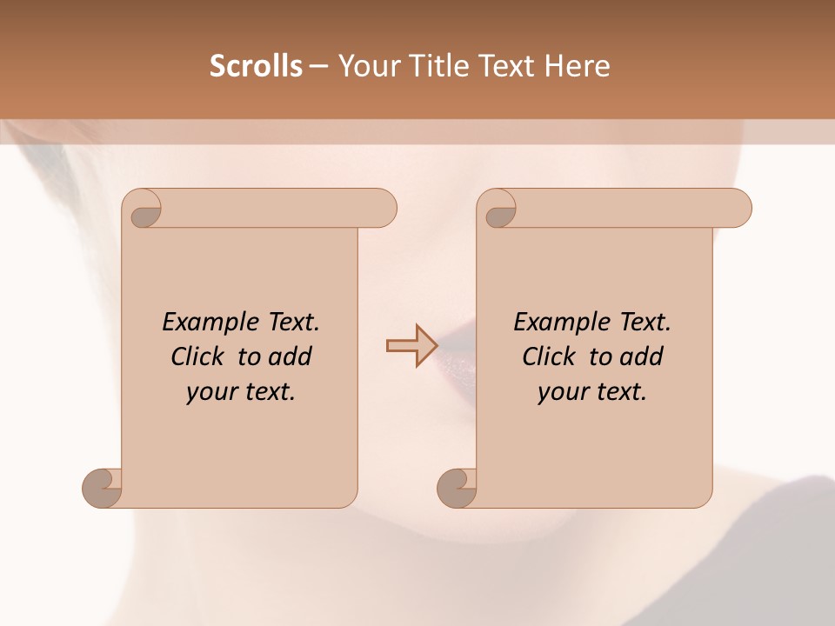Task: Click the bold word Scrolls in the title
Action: pyautogui.click(x=256, y=66)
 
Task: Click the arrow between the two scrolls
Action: pyautogui.click(x=411, y=345)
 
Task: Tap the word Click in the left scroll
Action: pyautogui.click(x=200, y=356)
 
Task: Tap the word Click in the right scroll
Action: pyautogui.click(x=551, y=356)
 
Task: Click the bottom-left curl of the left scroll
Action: pyautogui.click(x=103, y=487)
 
